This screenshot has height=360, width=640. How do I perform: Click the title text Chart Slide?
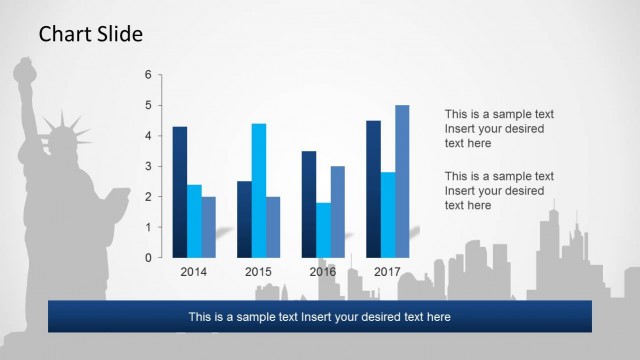point(91,35)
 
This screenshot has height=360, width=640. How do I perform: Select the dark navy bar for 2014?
point(180,192)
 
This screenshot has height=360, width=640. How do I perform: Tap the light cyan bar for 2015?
point(258,190)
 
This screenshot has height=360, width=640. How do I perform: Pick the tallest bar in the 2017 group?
point(402,181)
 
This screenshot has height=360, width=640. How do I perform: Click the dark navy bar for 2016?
point(309,204)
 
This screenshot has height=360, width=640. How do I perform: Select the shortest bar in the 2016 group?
point(323,230)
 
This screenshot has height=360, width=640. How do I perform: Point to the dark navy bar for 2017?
point(373,189)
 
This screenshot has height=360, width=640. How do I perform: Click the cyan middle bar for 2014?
point(194,221)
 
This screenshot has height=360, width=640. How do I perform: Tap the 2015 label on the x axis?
point(258,272)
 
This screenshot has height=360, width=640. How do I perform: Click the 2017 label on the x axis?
point(387,272)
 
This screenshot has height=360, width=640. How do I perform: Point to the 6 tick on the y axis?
point(148,75)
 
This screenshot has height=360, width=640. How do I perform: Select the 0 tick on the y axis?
point(148,258)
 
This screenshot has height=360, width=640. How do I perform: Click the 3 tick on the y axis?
point(148,166)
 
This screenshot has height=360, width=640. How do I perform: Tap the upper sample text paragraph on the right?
point(499,128)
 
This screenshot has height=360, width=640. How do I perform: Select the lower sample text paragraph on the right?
point(499,190)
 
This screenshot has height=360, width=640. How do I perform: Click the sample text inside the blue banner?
point(320,317)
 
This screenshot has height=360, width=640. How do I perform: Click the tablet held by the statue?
point(118,201)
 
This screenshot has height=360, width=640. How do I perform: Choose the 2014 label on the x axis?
point(194,272)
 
